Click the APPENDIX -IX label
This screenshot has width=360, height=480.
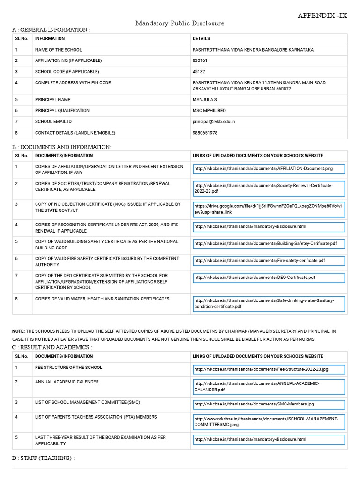coord(322,15)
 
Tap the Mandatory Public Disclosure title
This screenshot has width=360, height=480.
coord(180,23)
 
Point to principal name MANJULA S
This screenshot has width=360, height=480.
coord(205,100)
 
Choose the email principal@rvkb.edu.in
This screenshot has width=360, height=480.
coord(214,121)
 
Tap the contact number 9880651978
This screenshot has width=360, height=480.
coord(205,133)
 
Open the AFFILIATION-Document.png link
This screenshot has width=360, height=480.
coord(263,169)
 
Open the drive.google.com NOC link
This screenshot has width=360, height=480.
coord(268,209)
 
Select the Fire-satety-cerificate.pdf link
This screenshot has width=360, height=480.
coord(260,261)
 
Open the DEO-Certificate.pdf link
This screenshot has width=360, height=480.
coord(255,277)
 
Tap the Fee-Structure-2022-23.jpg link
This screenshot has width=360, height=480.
coord(261,369)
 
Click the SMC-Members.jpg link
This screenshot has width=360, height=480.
coord(254,404)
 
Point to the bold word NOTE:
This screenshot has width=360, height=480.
coord(18,331)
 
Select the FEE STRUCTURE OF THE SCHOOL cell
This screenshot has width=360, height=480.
coord(68,367)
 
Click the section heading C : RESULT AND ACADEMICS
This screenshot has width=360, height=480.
coord(52,347)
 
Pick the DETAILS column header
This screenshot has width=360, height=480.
coord(201,39)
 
